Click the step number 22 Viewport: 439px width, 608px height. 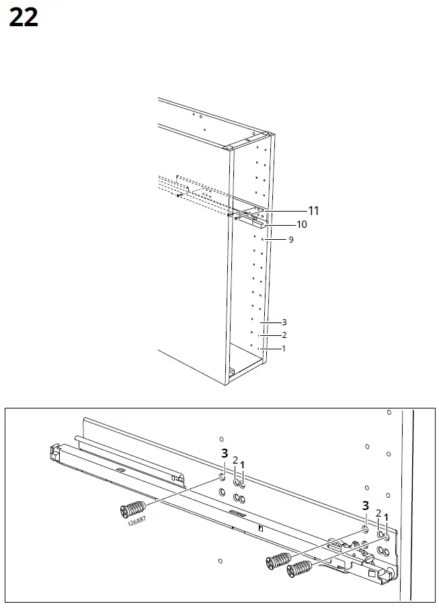(x=24, y=18)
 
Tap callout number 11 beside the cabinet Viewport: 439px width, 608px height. (x=313, y=210)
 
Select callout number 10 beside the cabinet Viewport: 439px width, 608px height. (x=302, y=224)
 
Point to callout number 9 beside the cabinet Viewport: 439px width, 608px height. (x=291, y=239)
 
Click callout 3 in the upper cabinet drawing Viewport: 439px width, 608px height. (x=284, y=322)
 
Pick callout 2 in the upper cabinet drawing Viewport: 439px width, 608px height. (x=284, y=335)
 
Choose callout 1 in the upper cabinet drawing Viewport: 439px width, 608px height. (x=284, y=348)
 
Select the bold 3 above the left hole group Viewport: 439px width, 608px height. (x=224, y=454)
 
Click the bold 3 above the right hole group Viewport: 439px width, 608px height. (x=366, y=506)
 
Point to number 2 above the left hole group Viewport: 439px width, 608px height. (x=235, y=461)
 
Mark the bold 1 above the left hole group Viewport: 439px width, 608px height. (x=243, y=465)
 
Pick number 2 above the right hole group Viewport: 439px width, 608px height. (x=378, y=513)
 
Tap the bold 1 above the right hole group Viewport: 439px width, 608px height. (x=386, y=517)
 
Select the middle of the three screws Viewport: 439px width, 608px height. (x=278, y=559)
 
